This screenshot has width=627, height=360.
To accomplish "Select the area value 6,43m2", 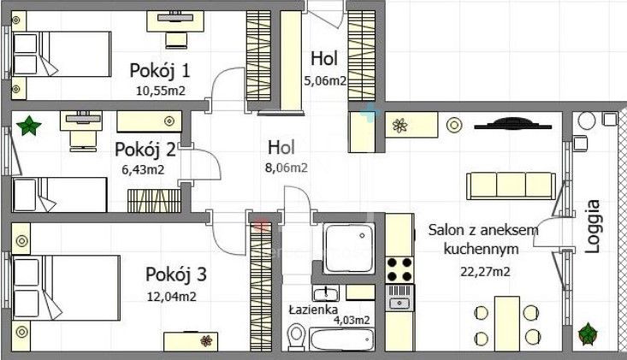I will pyautogui.click(x=143, y=168).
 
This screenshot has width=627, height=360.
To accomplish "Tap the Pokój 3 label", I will pyautogui.click(x=175, y=275).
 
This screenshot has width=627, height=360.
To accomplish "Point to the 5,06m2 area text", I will pyautogui.click(x=325, y=81).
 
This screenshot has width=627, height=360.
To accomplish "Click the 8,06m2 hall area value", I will pyautogui.click(x=287, y=168).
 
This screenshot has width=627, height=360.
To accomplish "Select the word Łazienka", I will pyautogui.click(x=311, y=310).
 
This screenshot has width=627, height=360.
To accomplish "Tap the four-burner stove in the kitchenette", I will pyautogui.click(x=399, y=269).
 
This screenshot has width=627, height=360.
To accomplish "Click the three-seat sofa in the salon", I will pyautogui.click(x=511, y=185).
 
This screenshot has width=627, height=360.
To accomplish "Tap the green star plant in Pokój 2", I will pyautogui.click(x=28, y=127).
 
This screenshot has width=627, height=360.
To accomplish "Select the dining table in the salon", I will pyautogui.click(x=507, y=319).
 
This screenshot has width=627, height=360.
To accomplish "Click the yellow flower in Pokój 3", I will pyautogui.click(x=206, y=340).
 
